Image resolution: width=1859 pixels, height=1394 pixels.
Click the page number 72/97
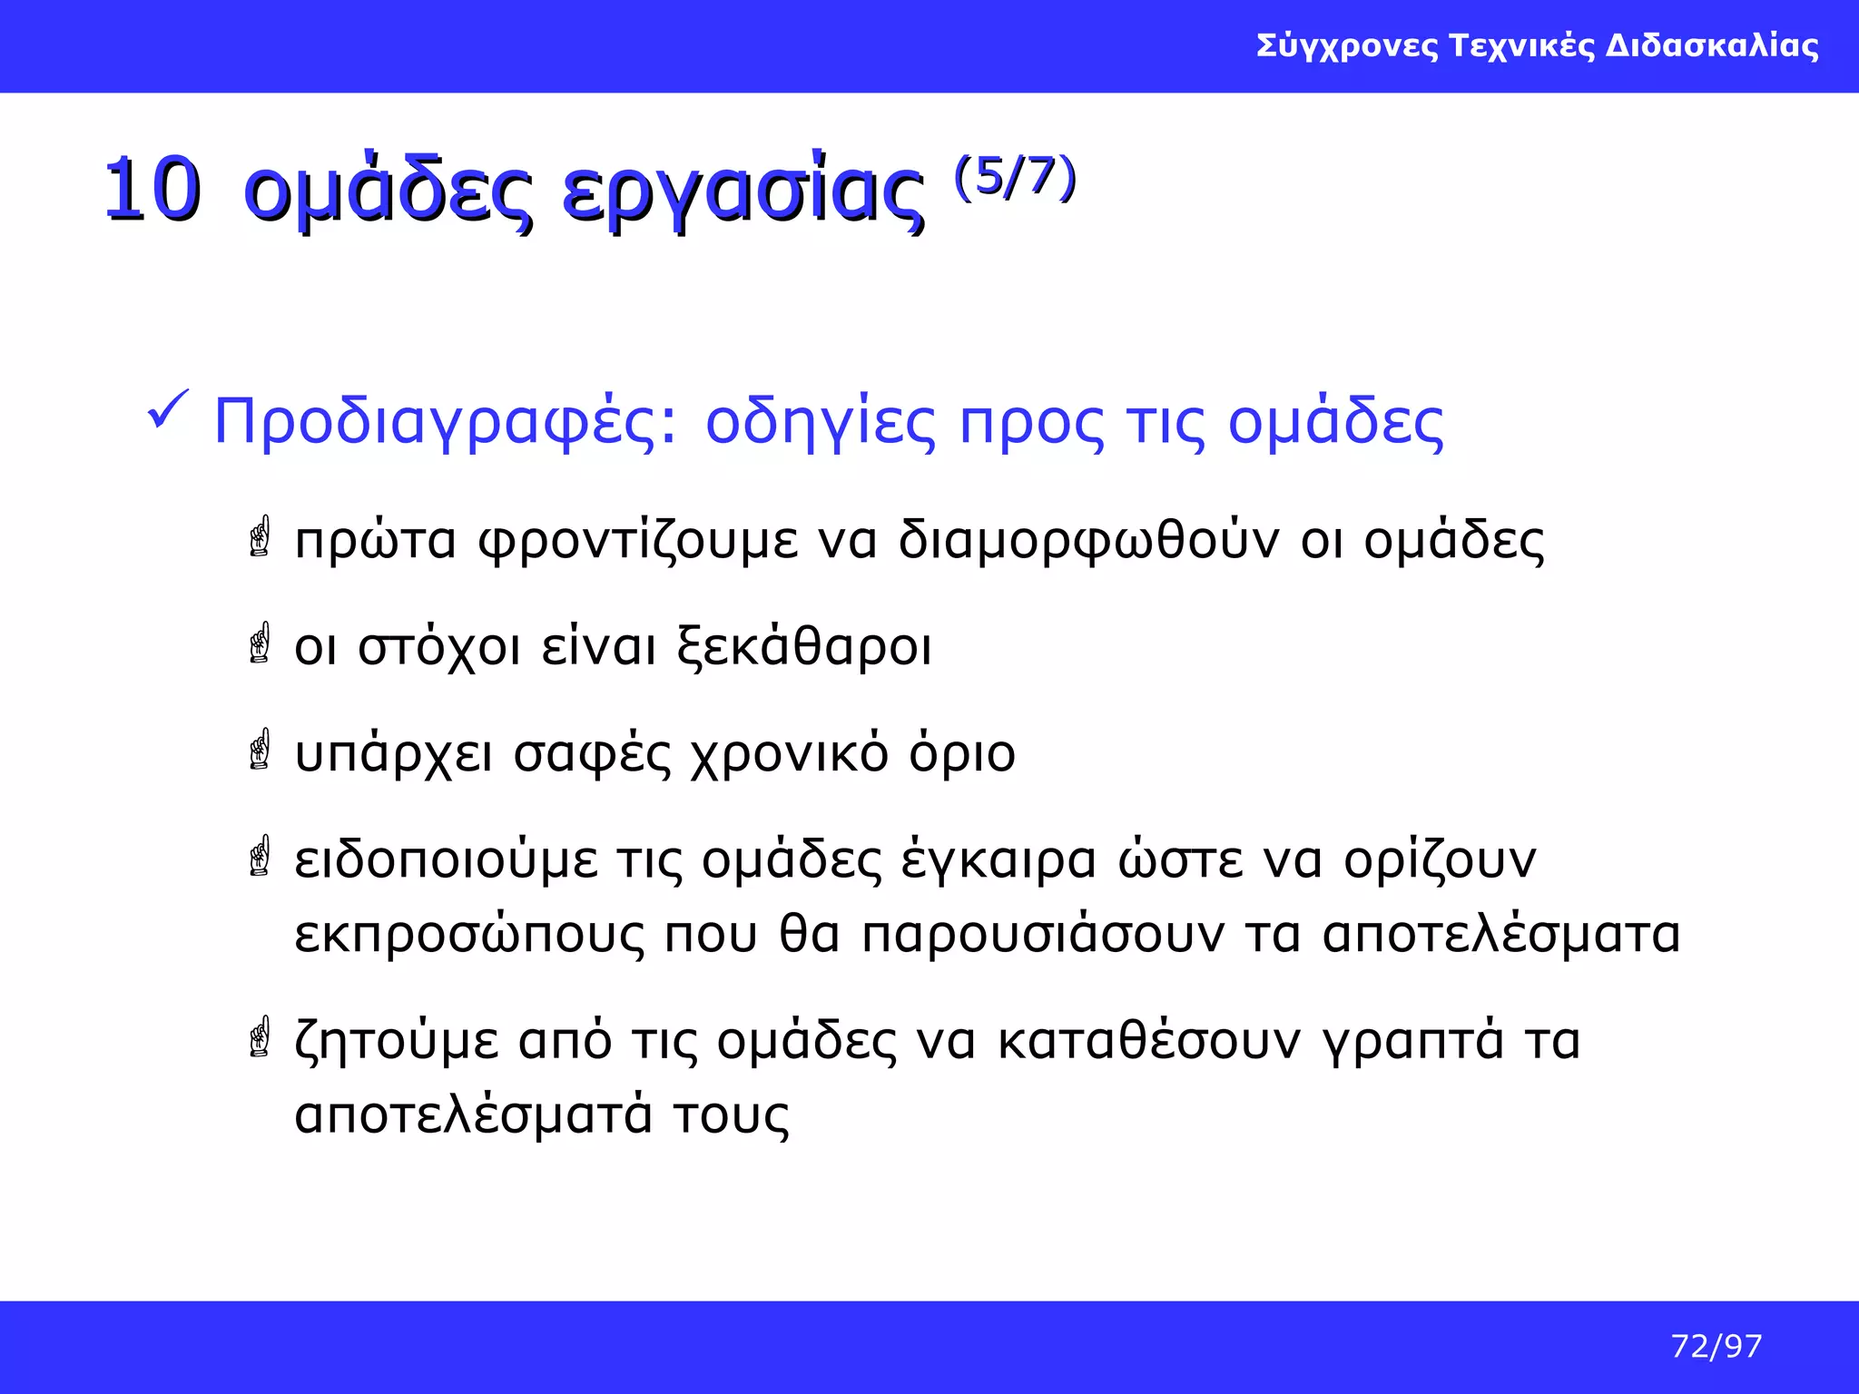[x=1716, y=1346]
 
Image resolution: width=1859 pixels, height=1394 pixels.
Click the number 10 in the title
[x=152, y=190]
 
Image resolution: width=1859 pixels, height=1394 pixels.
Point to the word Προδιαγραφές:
[x=445, y=423]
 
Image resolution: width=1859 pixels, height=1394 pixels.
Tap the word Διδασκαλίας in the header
[x=1712, y=45]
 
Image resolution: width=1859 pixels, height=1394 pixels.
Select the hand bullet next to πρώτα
[x=260, y=536]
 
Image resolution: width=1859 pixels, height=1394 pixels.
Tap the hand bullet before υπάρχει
[x=260, y=749]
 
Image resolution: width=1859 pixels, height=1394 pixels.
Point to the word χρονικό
[x=789, y=755]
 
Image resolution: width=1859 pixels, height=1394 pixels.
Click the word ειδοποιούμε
[x=446, y=861]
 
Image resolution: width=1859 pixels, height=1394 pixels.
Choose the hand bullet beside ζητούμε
[x=260, y=1036]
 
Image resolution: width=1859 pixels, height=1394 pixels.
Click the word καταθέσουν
[x=1148, y=1041]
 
